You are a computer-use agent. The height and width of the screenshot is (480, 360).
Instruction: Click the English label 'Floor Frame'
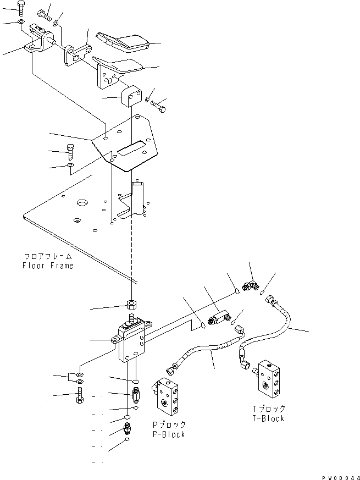click(x=47, y=266)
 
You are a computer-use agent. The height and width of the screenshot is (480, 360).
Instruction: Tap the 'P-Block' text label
click(x=169, y=434)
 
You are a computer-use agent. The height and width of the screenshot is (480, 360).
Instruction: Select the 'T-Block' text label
click(x=269, y=418)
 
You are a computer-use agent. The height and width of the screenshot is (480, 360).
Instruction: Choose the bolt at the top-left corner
click(x=20, y=8)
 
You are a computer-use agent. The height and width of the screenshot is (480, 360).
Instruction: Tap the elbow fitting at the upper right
click(x=252, y=285)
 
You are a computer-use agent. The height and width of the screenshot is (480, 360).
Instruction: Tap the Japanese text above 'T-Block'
click(x=269, y=409)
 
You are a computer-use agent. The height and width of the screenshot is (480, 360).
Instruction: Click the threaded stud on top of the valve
click(x=132, y=319)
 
